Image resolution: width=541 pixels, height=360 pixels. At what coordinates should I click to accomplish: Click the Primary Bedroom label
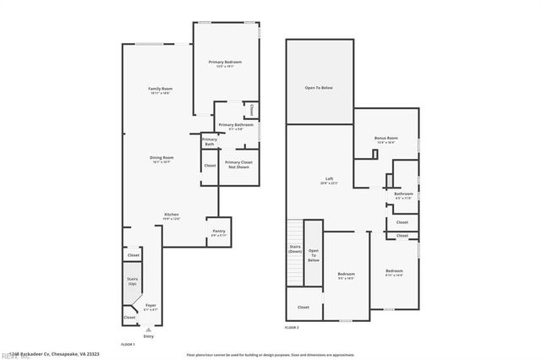pyautogui.click(x=226, y=64)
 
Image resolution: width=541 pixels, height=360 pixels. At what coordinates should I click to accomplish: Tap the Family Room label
pyautogui.click(x=161, y=91)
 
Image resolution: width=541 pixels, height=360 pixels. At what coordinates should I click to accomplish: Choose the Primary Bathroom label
pyautogui.click(x=236, y=126)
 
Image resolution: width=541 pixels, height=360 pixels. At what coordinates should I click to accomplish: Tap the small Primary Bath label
pyautogui.click(x=209, y=142)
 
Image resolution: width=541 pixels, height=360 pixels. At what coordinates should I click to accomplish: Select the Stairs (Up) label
pyautogui.click(x=133, y=280)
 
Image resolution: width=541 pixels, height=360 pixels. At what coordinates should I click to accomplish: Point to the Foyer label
pyautogui.click(x=150, y=307)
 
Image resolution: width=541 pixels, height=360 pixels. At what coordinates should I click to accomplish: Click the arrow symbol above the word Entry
pyautogui.click(x=149, y=328)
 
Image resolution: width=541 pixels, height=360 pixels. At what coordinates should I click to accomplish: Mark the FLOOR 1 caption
pyautogui.click(x=128, y=345)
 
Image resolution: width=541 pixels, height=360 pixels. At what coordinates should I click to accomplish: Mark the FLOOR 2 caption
pyautogui.click(x=292, y=326)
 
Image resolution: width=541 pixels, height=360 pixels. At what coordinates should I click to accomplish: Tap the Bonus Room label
pyautogui.click(x=386, y=139)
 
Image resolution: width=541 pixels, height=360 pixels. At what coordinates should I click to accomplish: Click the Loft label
pyautogui.click(x=330, y=181)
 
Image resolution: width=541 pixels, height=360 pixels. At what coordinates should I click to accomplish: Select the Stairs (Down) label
pyautogui.click(x=296, y=249)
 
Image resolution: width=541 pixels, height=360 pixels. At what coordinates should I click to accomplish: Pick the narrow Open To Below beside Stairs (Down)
pyautogui.click(x=314, y=255)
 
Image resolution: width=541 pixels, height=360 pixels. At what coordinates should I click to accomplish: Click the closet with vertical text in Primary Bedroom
pyautogui.click(x=251, y=108)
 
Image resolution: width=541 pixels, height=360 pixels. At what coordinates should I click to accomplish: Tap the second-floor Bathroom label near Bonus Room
pyautogui.click(x=403, y=195)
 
